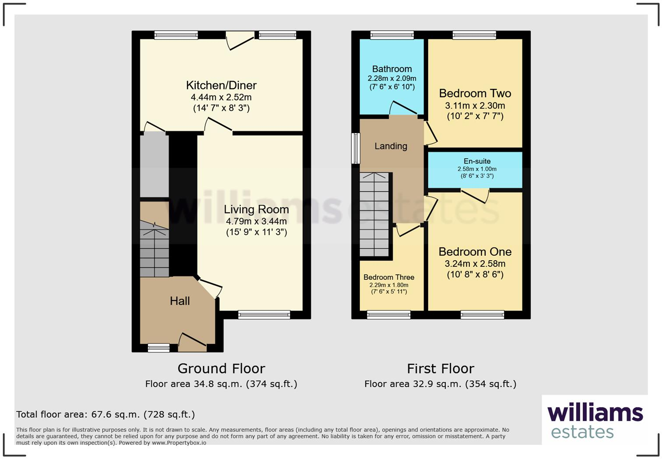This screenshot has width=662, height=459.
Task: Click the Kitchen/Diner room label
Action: pyautogui.click(x=221, y=85)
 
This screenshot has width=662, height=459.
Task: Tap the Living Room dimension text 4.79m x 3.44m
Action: pyautogui.click(x=256, y=221)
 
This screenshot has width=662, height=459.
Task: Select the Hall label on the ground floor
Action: pyautogui.click(x=180, y=301)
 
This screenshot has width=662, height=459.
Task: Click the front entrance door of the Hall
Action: pyautogui.click(x=193, y=343)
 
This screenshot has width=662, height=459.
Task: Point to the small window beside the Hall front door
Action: pyautogui.click(x=158, y=348)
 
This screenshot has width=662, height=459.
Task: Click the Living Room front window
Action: pyautogui.click(x=264, y=314)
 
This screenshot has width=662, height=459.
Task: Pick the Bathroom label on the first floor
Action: pyautogui.click(x=392, y=69)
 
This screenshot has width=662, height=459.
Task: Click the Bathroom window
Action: pyautogui.click(x=392, y=35)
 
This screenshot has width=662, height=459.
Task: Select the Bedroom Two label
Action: pyautogui.click(x=475, y=93)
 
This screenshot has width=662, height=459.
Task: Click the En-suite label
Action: pyautogui.click(x=477, y=161)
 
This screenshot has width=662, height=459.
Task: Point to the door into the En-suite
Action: pyautogui.click(x=475, y=195)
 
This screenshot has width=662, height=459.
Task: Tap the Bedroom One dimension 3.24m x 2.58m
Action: pyautogui.click(x=475, y=264)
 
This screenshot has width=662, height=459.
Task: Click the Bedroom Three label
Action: pyautogui.click(x=389, y=277)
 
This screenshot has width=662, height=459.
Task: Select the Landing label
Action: pyautogui.click(x=391, y=146)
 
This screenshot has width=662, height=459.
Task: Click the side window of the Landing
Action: pyautogui.click(x=356, y=148)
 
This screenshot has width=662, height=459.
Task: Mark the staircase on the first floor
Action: pyautogui.click(x=374, y=215)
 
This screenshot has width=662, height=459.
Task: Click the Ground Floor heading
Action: pyautogui.click(x=221, y=368)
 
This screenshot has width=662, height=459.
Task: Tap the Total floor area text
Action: pyautogui.click(x=106, y=414)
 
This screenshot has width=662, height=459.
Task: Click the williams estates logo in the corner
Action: pyautogui.click(x=595, y=421)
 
